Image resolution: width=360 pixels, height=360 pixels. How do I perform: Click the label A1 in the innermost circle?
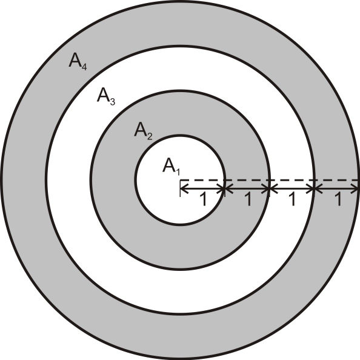[x=172, y=166]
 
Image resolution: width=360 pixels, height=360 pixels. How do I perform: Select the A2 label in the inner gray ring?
[x=143, y=131]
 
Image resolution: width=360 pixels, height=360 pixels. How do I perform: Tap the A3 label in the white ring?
[x=106, y=96]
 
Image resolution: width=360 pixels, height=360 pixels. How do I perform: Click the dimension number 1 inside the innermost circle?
[x=204, y=199]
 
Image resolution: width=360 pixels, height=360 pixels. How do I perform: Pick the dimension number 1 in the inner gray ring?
[x=248, y=199]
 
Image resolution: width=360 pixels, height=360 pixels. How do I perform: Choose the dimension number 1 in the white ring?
[x=292, y=199]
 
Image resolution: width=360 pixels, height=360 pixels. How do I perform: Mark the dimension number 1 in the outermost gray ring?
[x=338, y=199]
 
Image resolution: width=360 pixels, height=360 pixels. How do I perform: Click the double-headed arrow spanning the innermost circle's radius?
[x=202, y=189]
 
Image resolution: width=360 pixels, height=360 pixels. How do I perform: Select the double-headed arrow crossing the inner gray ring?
[x=247, y=189]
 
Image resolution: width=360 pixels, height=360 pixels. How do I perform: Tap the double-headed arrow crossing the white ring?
[x=292, y=189]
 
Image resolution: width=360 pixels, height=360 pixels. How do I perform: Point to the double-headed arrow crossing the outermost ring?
[x=336, y=189]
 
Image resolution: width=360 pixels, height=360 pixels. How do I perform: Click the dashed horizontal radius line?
[x=270, y=180]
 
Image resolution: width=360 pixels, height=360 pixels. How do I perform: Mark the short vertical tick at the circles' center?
[x=181, y=188]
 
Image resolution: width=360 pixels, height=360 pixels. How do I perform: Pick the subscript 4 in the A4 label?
[x=84, y=67]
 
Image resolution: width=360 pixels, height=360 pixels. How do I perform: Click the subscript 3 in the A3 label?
[x=113, y=102]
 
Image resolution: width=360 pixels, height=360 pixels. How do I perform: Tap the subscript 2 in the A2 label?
[x=150, y=136]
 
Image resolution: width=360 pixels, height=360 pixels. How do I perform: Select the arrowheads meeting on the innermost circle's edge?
[x=225, y=189]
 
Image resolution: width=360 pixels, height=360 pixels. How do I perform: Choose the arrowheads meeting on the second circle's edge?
[x=269, y=189]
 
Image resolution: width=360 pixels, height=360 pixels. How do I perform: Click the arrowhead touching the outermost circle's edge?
[x=355, y=189]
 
